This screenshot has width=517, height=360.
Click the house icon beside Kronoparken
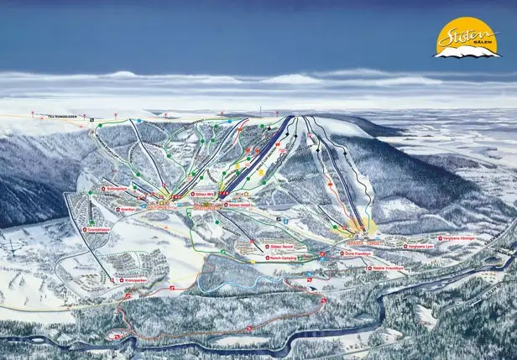[121, 279]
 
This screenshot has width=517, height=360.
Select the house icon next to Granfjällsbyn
[86, 229]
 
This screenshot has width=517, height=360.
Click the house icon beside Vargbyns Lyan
[405, 247]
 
